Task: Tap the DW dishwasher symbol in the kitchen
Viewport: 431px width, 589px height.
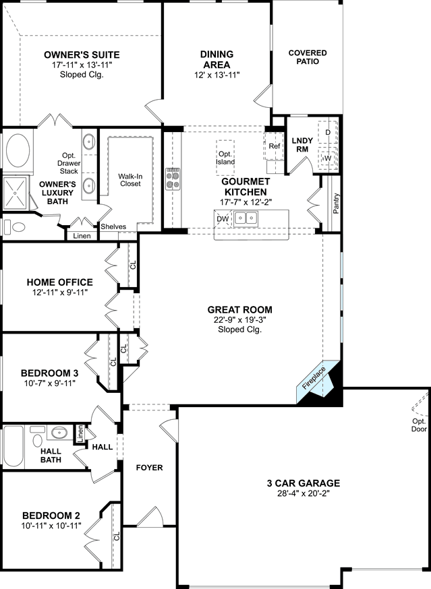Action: pos(223,218)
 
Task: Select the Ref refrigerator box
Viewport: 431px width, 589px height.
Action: pos(274,146)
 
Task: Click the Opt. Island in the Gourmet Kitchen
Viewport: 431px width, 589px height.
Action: pos(225,158)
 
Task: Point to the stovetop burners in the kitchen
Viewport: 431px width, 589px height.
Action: pos(173,179)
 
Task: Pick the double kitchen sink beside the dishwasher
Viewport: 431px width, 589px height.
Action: pos(246,218)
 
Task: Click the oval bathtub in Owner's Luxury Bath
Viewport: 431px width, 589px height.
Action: pos(18,151)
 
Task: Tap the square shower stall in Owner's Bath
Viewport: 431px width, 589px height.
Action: pos(15,193)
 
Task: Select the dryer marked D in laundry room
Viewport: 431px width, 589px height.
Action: pos(328,132)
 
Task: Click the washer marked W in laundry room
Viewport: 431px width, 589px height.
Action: pos(328,158)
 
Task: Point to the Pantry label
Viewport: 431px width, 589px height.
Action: pos(336,204)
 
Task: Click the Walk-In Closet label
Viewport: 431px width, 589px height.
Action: pos(130,180)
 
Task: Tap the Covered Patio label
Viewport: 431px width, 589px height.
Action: pos(308,57)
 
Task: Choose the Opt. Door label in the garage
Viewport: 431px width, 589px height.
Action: pos(419,425)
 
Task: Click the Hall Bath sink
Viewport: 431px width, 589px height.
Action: pos(59,433)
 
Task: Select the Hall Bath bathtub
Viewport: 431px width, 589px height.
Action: pos(13,447)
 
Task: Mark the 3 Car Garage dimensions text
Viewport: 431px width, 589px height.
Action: pos(303,493)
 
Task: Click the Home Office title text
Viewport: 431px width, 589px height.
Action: pos(60,282)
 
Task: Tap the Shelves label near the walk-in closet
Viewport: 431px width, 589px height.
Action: pos(113,226)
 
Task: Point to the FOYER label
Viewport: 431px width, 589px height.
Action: pos(149,468)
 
